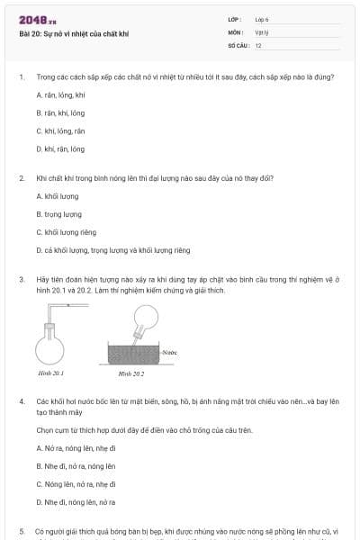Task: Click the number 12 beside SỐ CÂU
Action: tap(258, 44)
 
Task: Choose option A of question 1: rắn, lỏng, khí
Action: tap(60, 94)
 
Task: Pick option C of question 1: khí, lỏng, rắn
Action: tap(60, 130)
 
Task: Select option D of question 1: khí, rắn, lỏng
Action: tap(60, 148)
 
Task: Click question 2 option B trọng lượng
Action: tap(59, 213)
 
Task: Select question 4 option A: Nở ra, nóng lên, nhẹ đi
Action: tap(76, 447)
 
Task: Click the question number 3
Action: tap(22, 279)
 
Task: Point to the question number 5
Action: tap(22, 531)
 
